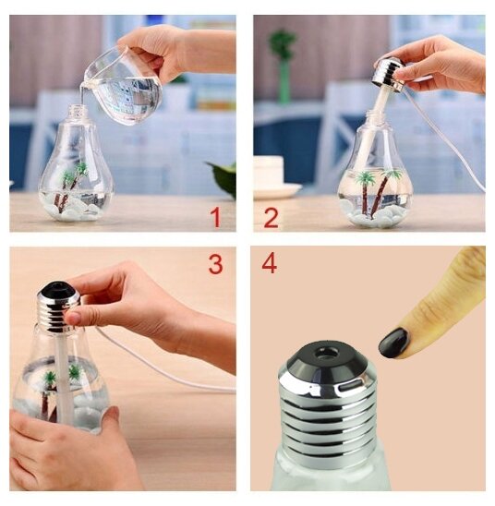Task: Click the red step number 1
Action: [216, 218]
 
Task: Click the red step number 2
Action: [271, 218]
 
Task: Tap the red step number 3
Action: [215, 264]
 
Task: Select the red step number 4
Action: [269, 263]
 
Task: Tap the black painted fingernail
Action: [394, 343]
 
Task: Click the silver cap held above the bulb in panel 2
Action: [388, 74]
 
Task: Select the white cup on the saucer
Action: [268, 172]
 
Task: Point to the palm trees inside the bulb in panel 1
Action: [71, 187]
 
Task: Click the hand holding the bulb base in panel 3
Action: [65, 452]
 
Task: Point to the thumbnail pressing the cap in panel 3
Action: [74, 319]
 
